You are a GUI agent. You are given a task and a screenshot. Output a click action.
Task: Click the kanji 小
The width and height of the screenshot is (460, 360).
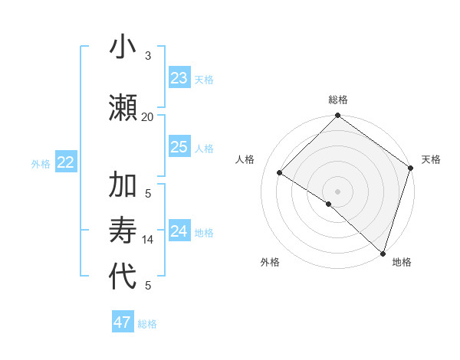coord(123,47)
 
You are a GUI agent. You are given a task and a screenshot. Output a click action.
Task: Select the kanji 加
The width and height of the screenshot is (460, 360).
coord(123,185)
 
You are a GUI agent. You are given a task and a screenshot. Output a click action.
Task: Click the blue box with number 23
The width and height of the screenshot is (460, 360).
coord(179,78)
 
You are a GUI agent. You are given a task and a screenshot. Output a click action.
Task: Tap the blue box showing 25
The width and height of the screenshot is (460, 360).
coord(179,147)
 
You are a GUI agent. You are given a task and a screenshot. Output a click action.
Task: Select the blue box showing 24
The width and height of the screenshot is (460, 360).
coord(179,231)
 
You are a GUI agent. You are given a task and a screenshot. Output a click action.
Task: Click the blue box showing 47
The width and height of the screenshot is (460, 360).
coord(123,322)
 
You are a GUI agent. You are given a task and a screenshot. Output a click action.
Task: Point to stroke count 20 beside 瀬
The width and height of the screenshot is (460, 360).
coord(147,116)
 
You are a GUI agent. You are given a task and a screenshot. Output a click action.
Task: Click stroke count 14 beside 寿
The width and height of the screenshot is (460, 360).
coord(148,240)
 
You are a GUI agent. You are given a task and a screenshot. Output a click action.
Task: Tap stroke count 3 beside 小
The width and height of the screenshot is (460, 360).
coord(148,55)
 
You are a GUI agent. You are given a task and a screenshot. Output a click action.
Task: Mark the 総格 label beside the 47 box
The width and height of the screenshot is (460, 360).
coord(147,324)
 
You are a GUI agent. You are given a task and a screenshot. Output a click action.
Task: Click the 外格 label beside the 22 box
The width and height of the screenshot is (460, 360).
coord(41,163)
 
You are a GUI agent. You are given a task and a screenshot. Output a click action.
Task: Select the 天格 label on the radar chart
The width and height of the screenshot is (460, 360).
coord(431,159)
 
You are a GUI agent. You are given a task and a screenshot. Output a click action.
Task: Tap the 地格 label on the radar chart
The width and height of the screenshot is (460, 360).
coord(402,262)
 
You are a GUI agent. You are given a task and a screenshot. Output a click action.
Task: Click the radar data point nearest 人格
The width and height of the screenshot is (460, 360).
coord(280,173)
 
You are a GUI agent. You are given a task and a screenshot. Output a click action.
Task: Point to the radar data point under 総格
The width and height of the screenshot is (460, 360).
coord(337,116)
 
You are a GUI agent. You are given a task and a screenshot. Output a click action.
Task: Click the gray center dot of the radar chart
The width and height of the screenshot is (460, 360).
coord(337,191)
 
